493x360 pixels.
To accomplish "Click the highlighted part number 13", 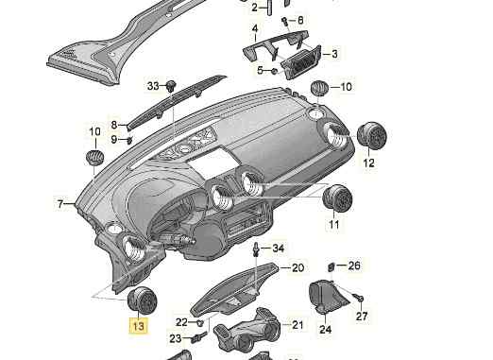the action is [x=138, y=326].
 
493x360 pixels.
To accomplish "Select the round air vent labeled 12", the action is [x=372, y=134].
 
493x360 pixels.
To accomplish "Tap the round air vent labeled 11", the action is [x=337, y=198].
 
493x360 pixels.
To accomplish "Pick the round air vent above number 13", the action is [x=142, y=300].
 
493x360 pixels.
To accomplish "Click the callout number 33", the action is [x=153, y=86].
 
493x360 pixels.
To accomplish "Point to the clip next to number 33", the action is [x=171, y=86].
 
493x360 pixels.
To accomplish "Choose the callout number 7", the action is [x=60, y=204].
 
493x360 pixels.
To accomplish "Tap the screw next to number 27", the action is [x=358, y=297].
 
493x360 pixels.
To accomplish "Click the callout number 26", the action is [x=354, y=266].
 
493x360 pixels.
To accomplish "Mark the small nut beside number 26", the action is [x=331, y=266].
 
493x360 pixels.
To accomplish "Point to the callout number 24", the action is [x=326, y=330].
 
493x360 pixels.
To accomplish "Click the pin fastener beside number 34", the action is [x=257, y=249].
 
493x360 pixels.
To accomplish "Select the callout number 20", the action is [x=297, y=267].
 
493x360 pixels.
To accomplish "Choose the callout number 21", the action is [x=297, y=325].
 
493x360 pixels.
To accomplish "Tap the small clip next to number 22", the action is [x=199, y=322].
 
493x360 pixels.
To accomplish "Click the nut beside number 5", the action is [x=274, y=71].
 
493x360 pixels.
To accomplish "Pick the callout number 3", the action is [x=334, y=54].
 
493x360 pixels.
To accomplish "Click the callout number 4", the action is [x=255, y=29].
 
